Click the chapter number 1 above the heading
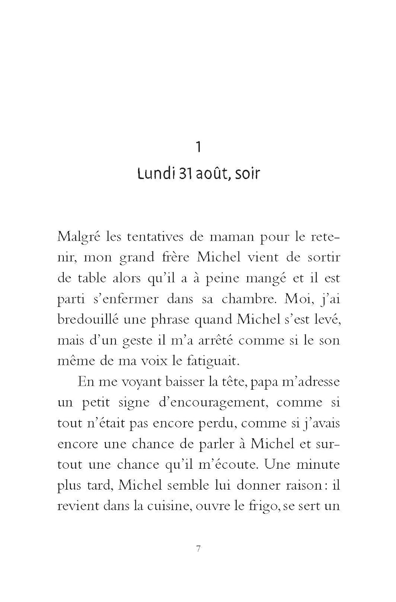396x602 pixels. pos(198,147)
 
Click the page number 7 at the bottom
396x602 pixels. pos(198,549)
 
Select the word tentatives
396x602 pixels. pos(161,236)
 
